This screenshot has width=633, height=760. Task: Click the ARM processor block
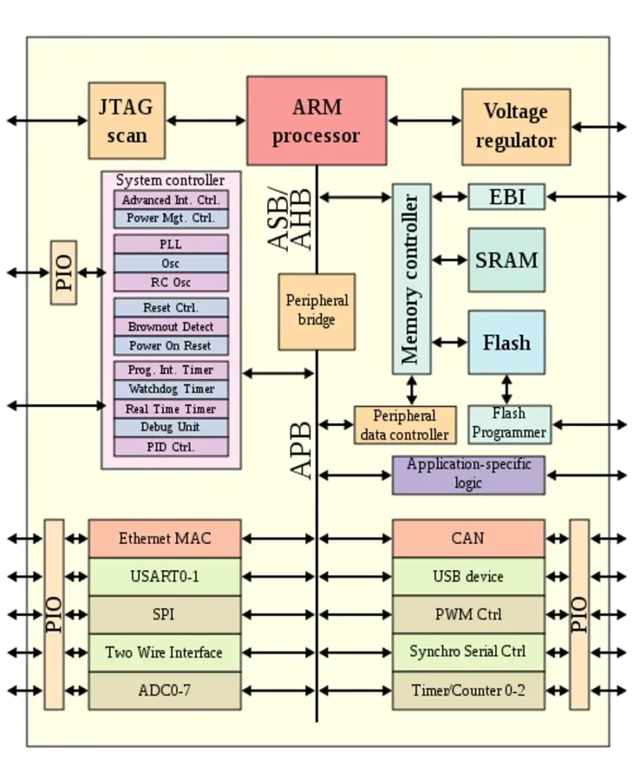tap(316, 120)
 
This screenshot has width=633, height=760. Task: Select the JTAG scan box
tap(127, 120)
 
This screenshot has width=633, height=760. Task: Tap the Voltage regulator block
tap(516, 126)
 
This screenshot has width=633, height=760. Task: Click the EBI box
tap(506, 197)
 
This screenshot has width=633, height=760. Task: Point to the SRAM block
tap(506, 260)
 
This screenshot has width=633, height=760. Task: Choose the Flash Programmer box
tap(509, 424)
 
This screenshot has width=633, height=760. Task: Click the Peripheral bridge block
tap(316, 311)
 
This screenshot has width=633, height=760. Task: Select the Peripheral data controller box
tap(404, 425)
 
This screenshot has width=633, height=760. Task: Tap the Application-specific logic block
tap(468, 474)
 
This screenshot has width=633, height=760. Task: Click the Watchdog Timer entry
tap(171, 389)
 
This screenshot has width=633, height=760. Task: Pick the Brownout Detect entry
tap(171, 327)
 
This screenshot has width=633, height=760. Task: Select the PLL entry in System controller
tap(171, 244)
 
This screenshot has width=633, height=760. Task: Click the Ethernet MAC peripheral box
tap(165, 539)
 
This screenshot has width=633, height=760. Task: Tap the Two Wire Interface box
tap(165, 652)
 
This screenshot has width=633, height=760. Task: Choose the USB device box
tap(468, 577)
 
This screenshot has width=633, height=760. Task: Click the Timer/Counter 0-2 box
tap(468, 690)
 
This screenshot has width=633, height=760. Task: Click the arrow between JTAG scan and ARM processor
tap(206, 120)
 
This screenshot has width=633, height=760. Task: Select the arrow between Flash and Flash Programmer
tap(506, 389)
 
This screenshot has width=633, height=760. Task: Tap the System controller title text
tap(170, 180)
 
